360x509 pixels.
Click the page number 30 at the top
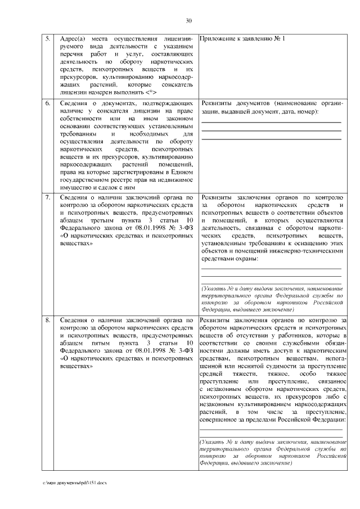coord(189,21)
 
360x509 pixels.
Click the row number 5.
coord(48,39)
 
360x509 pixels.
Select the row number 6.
coord(48,104)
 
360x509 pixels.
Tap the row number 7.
coord(48,198)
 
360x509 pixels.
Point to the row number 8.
coord(48,321)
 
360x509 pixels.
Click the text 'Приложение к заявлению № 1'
coord(242,39)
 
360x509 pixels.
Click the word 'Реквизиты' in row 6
coord(220,104)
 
